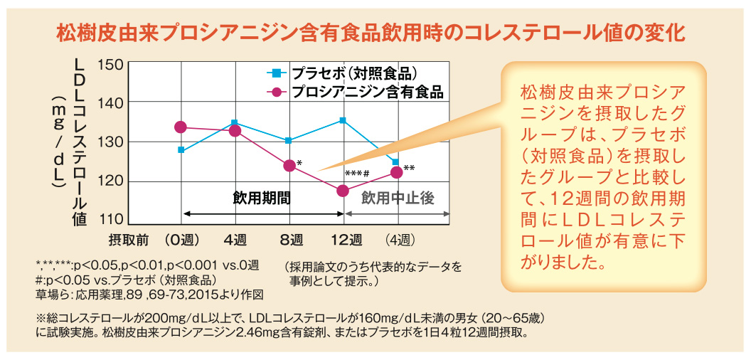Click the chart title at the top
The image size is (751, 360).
click(375, 33)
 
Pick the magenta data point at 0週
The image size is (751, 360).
click(181, 127)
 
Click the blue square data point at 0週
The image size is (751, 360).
click(181, 150)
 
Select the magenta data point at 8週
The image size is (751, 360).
click(289, 166)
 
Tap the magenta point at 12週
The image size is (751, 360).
click(343, 191)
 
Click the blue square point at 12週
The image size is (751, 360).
click(343, 120)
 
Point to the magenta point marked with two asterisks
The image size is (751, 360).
click(396, 172)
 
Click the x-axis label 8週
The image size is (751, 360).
click(290, 238)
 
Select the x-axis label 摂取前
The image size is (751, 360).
click(128, 238)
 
